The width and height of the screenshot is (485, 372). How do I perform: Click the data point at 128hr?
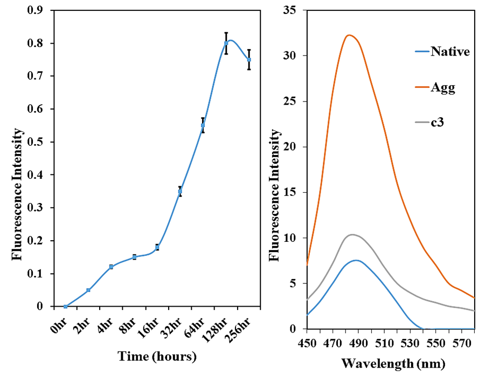[226, 43]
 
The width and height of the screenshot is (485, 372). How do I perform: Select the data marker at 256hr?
[249, 59]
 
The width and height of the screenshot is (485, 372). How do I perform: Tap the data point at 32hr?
[180, 192]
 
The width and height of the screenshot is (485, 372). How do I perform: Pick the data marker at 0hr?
[65, 306]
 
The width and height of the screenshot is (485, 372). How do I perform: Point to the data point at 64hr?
[203, 125]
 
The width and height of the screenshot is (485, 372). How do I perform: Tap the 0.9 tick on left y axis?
[40, 10]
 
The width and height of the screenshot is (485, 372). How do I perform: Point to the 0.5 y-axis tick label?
[40, 142]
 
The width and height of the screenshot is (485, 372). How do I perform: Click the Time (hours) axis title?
[157, 356]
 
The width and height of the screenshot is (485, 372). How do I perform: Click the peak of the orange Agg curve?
[349, 35]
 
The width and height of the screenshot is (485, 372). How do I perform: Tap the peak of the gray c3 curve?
[352, 234]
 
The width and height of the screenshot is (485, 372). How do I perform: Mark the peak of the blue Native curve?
[356, 260]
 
